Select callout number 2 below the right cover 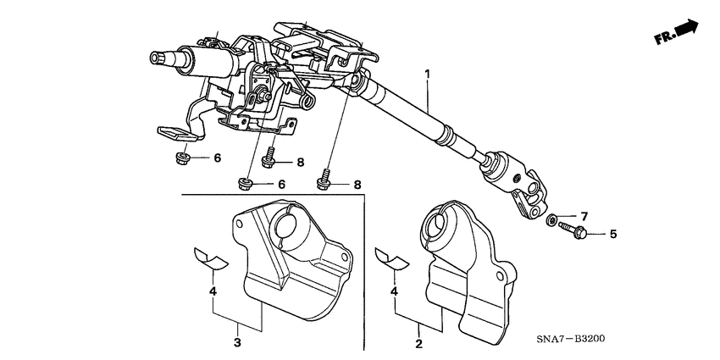pos(418,343)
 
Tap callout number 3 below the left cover pos(237,343)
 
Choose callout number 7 pos(584,217)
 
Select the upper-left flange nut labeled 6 pos(182,158)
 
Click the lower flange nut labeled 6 pos(245,184)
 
